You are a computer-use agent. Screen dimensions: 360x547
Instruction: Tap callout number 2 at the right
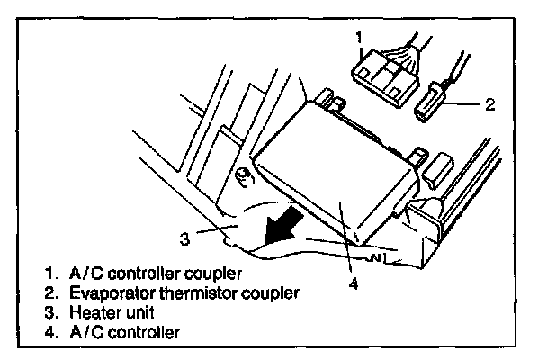pos(489,104)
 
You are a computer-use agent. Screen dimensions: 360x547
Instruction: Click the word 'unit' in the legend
pos(135,312)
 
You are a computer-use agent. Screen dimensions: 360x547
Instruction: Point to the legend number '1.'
pos(49,273)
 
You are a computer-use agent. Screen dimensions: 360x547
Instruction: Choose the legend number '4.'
pos(49,332)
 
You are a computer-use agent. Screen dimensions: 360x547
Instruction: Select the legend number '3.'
pos(49,312)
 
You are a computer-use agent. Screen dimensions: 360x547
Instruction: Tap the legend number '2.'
pos(49,292)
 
